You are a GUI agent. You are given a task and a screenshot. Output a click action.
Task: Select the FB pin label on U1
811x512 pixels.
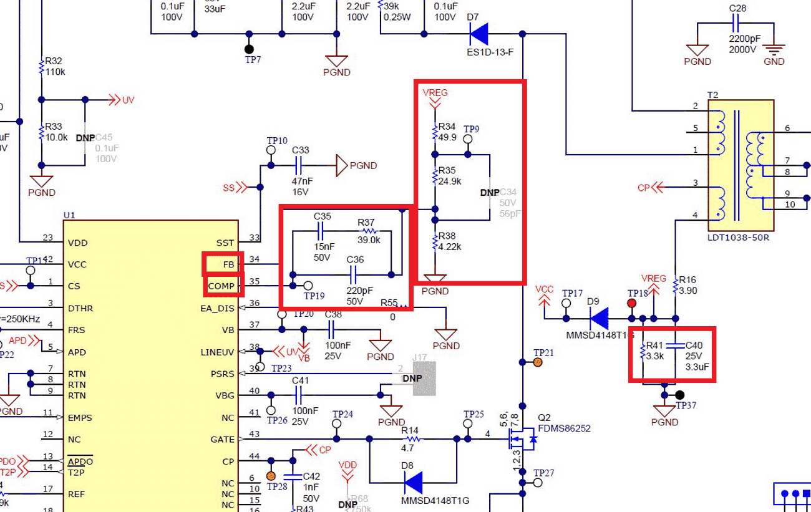pyautogui.click(x=228, y=264)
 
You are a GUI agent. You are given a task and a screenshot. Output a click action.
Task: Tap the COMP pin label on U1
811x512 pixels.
pyautogui.click(x=222, y=286)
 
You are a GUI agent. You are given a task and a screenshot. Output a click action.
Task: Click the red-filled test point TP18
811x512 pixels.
pyautogui.click(x=631, y=303)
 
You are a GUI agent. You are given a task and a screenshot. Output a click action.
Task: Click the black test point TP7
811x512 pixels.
pyautogui.click(x=250, y=49)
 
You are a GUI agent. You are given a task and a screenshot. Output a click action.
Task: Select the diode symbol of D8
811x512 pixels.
pyautogui.click(x=413, y=482)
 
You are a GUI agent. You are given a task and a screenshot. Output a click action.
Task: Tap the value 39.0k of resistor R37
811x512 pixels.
pyautogui.click(x=369, y=240)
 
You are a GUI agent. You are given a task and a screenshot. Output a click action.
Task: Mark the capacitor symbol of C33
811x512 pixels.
pyautogui.click(x=298, y=165)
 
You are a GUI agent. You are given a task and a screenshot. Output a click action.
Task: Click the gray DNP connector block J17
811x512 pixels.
pyautogui.click(x=424, y=379)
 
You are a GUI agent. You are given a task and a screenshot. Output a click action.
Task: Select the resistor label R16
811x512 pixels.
pyautogui.click(x=687, y=280)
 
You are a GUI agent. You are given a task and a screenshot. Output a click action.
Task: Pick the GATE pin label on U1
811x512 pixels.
pyautogui.click(x=223, y=440)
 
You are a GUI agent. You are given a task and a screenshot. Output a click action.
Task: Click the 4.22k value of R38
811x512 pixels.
pyautogui.click(x=450, y=246)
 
